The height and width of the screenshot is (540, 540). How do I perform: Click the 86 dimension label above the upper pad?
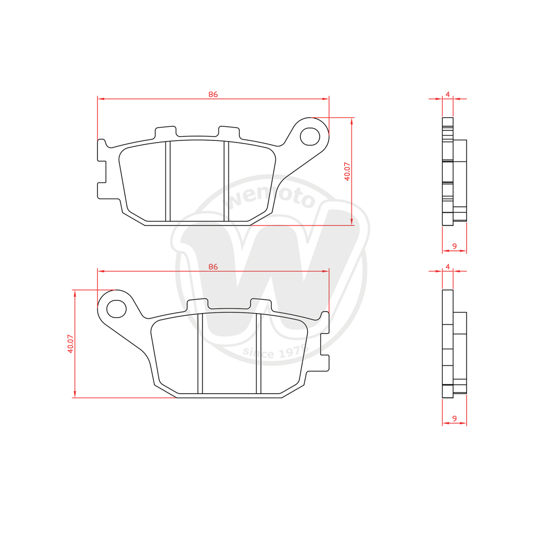click(213, 94)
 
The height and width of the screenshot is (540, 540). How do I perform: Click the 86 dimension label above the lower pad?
click(213, 267)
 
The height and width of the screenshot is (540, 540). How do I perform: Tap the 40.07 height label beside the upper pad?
click(347, 172)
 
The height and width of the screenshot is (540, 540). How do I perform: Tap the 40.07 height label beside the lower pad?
click(71, 343)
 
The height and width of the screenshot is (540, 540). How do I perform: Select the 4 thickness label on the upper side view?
click(448, 94)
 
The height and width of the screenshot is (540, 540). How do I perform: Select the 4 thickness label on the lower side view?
click(448, 267)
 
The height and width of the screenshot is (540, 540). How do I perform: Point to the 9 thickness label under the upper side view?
click(455, 246)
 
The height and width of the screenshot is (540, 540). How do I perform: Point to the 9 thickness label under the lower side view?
click(455, 418)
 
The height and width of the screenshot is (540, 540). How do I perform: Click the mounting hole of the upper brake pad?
click(310, 137)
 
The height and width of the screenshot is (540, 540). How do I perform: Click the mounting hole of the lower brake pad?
click(117, 309)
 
